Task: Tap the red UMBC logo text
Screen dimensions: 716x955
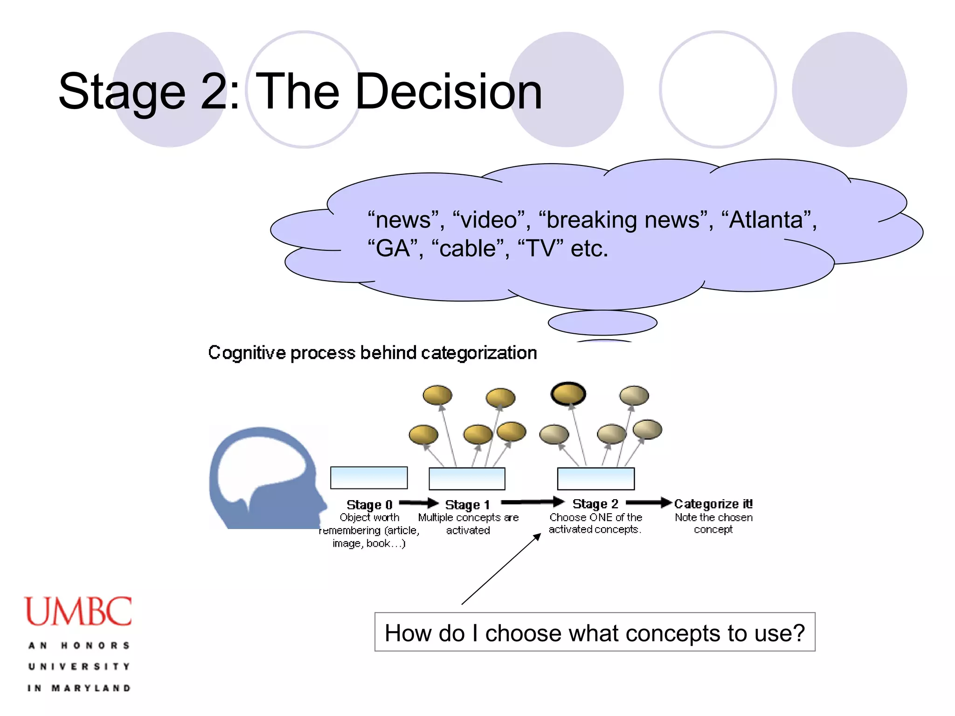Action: (78, 611)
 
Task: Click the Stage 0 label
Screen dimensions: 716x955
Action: (369, 505)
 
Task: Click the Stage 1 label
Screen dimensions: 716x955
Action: (467, 505)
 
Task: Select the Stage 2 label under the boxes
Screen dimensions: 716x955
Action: (595, 504)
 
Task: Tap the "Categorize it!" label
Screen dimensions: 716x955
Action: (713, 504)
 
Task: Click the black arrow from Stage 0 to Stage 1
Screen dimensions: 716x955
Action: (418, 503)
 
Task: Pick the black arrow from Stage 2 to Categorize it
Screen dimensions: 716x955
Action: (648, 502)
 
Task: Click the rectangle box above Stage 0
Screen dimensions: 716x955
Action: (369, 478)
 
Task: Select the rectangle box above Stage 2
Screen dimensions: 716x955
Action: (595, 479)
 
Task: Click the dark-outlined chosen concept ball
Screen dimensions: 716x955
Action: (568, 394)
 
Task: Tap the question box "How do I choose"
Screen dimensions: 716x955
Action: (595, 633)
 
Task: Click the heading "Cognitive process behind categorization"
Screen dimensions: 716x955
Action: (372, 353)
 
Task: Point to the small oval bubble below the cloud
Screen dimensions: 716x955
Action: (602, 323)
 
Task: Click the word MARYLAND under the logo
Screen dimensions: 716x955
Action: (91, 688)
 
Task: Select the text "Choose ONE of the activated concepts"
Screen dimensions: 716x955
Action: (595, 523)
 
